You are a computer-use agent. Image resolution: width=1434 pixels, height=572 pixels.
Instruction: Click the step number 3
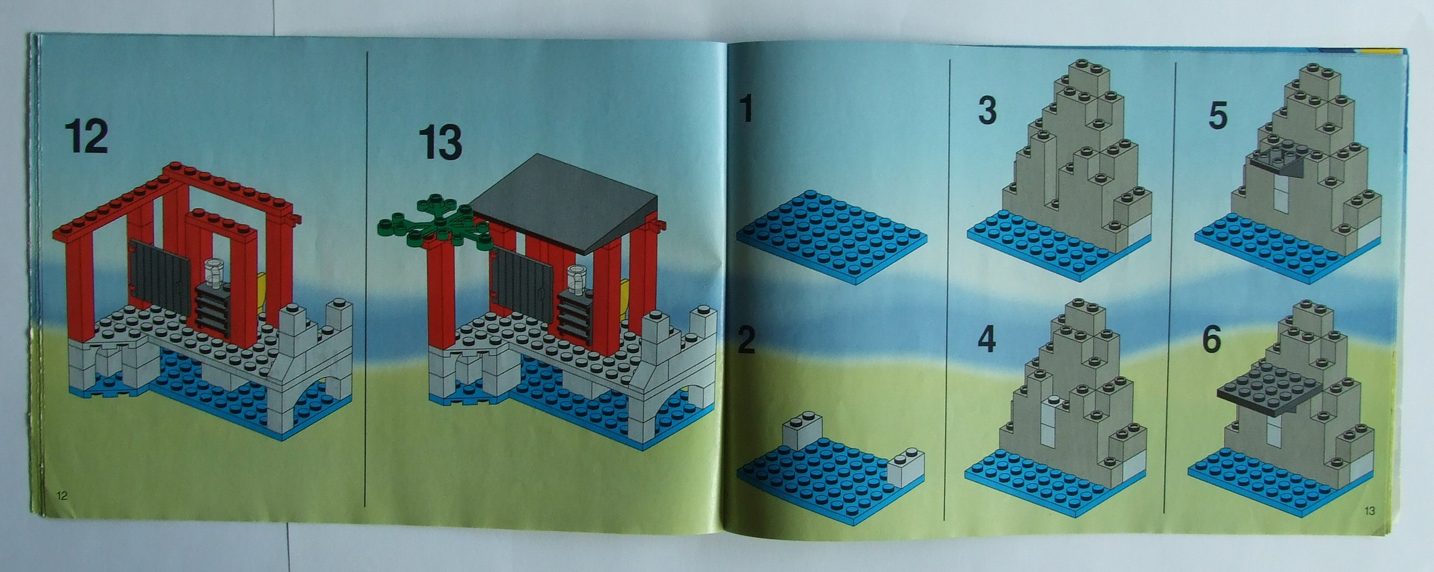coord(987,111)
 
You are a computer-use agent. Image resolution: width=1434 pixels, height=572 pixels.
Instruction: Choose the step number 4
coord(986,339)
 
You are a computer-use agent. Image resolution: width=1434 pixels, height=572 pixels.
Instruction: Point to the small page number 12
coord(62,496)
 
